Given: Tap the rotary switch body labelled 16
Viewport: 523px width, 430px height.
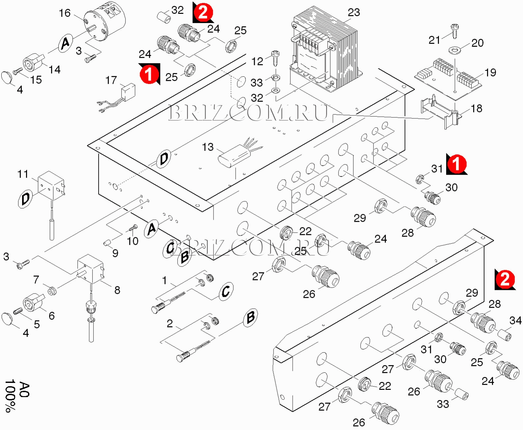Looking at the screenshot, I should click(x=105, y=25).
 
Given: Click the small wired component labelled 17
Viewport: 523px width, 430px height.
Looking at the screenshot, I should click(x=128, y=91).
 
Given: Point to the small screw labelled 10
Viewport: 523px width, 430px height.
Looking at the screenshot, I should click(x=133, y=227).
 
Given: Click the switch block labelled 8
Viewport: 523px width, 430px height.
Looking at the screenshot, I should click(x=90, y=268).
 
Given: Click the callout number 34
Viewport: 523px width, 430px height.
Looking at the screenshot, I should click(x=515, y=320).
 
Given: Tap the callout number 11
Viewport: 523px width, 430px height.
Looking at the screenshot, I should click(x=23, y=174).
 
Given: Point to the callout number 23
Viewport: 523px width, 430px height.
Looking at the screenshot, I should click(x=354, y=13).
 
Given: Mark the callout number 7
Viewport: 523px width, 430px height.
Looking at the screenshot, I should click(x=36, y=280).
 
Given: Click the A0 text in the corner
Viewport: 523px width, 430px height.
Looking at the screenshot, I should click(x=24, y=390).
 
